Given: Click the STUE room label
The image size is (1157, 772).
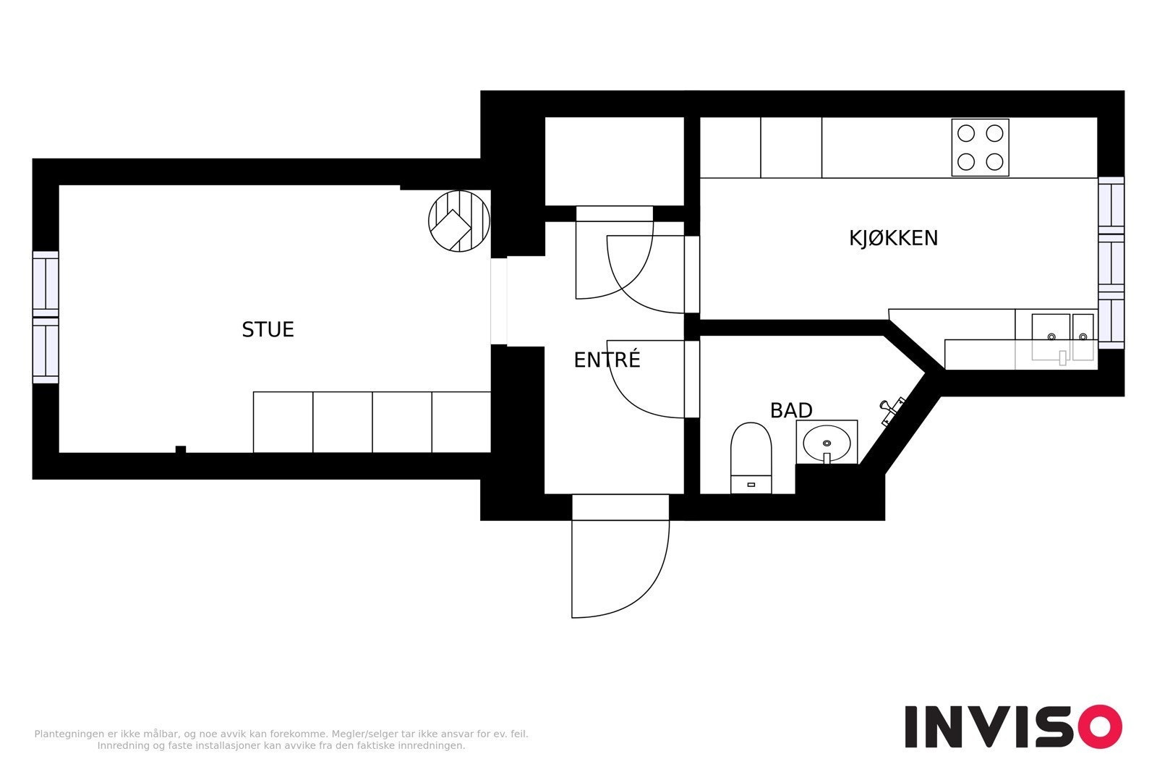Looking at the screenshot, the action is pos(268,330).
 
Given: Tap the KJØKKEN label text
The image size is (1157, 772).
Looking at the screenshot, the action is pos(893,238).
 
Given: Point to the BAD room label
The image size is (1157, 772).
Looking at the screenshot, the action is pos(791,411).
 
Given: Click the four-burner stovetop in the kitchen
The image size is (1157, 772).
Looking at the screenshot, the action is pos(980,148).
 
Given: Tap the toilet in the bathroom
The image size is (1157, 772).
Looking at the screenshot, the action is pos(751,458).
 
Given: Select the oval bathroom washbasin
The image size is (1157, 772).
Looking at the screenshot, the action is pos(827,442).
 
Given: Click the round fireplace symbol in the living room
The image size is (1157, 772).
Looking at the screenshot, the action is pos(459,221).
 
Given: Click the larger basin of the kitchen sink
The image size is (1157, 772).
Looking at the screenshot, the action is pos(1051,336).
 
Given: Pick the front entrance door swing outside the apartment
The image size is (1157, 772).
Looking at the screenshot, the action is pos(620,569).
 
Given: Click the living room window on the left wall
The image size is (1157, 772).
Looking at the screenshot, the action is pos(46,318).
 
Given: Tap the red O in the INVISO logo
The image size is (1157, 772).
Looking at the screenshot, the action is pos(1100,726).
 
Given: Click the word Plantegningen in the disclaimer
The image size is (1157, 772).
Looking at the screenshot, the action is pos(68,734).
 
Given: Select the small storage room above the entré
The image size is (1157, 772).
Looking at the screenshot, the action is pos(614,161).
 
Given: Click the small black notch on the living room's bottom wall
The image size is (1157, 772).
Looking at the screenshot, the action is pos(180,449).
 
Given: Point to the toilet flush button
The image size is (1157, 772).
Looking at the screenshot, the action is pos(751,485).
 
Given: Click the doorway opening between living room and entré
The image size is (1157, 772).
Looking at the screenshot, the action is pos(499,301).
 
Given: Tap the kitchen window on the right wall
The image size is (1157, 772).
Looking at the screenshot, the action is pos(1111,263).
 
